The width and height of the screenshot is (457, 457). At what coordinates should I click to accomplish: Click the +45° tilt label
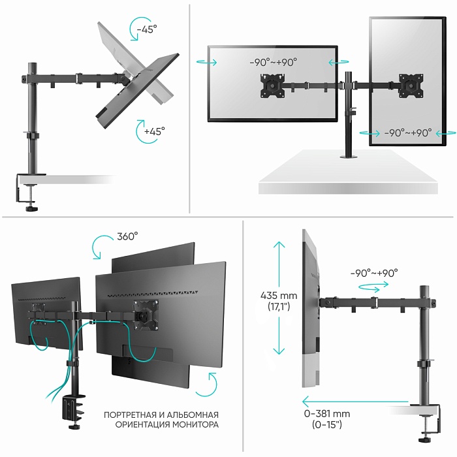tap(155, 131)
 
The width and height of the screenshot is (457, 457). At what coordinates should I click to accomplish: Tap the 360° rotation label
tap(128, 236)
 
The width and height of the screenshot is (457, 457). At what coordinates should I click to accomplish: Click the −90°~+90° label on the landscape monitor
tap(272, 62)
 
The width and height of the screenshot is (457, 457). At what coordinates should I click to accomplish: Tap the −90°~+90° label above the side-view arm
tap(373, 273)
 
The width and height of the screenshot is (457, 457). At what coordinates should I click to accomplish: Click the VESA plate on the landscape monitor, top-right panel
tap(273, 85)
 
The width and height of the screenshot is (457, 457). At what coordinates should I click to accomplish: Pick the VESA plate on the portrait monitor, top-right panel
tap(411, 86)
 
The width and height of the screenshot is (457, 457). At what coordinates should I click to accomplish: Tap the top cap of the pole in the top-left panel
tap(31, 67)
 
